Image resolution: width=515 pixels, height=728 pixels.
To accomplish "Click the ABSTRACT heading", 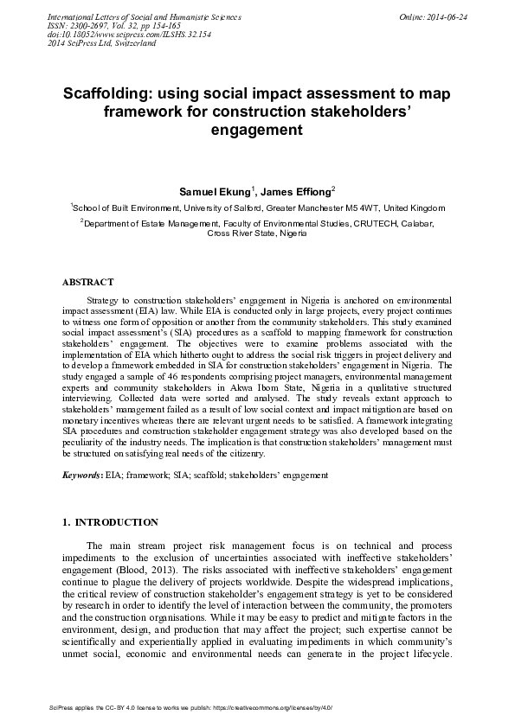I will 87,283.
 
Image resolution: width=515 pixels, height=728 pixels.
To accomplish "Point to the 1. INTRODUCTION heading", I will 111,522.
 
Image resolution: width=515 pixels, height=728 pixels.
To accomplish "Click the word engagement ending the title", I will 257,131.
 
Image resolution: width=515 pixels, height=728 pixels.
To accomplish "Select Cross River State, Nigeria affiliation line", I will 257,233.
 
